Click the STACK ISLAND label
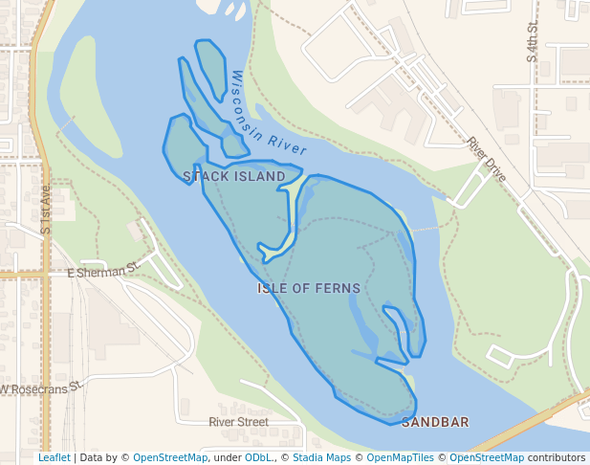click(234, 177)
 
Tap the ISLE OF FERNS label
click(309, 288)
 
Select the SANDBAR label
click(435, 422)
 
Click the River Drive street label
click(487, 160)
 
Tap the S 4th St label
click(532, 44)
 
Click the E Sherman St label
click(104, 273)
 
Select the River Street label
click(238, 422)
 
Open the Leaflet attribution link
click(54, 458)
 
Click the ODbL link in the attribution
click(259, 458)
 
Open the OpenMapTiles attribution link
click(400, 458)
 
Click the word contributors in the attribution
click(557, 458)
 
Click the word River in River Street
click(222, 422)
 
